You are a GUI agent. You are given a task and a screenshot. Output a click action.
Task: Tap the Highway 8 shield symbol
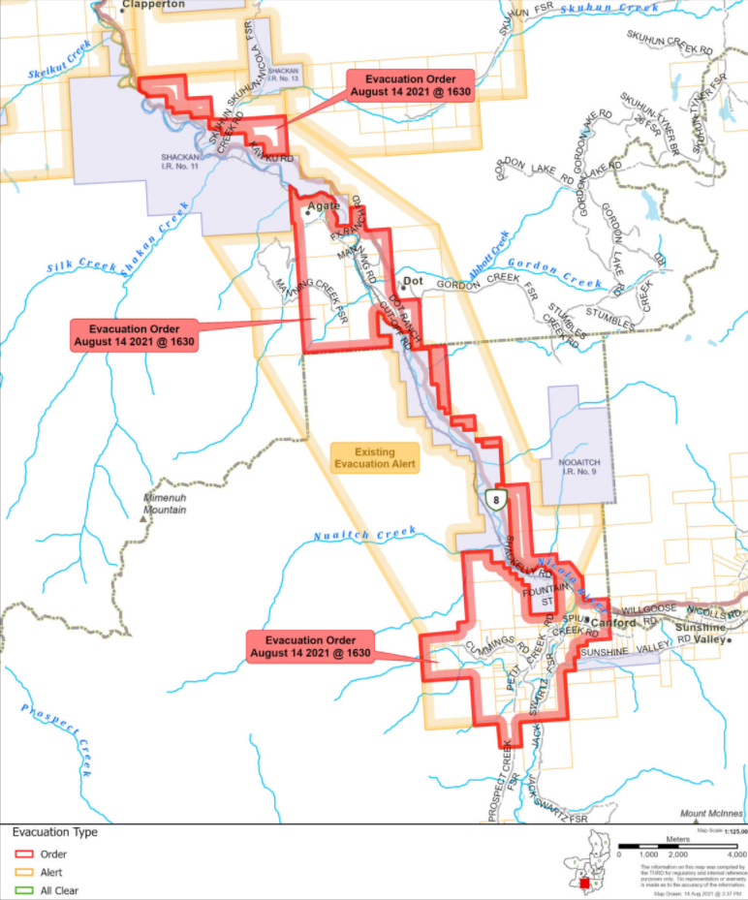coord(496,499)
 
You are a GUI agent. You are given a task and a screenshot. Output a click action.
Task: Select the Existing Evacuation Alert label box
coord(374,458)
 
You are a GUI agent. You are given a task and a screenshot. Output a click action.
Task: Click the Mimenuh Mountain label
coord(165,503)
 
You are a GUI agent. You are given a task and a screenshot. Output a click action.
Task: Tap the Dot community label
coord(415,281)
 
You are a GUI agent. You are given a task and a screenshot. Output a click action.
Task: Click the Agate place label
coord(324,207)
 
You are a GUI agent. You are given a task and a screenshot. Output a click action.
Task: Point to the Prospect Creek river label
coord(56,739)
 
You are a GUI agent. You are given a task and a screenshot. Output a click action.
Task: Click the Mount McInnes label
coord(710,814)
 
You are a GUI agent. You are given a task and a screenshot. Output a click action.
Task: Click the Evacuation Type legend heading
coord(54,832)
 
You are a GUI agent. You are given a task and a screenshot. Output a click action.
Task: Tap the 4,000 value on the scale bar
coord(735,855)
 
